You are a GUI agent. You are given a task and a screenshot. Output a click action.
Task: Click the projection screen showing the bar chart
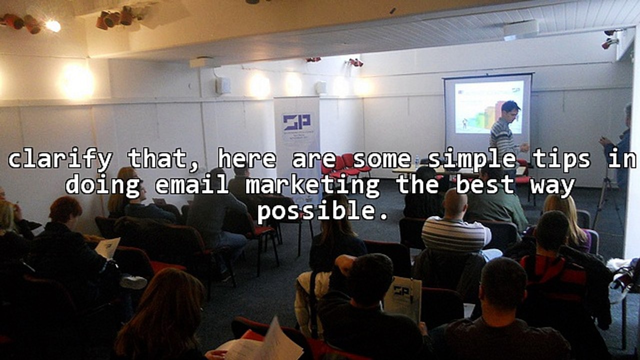[x=487, y=107]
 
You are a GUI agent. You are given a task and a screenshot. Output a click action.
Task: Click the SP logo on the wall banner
[x=296, y=122]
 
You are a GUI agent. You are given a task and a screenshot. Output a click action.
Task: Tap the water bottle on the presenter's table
[x=417, y=161]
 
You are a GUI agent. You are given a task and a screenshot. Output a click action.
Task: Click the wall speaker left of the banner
[x=222, y=85]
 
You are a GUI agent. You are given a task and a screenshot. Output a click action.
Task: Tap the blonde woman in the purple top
[x=567, y=220]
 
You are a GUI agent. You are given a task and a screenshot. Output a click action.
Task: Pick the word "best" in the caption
[x=485, y=185]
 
